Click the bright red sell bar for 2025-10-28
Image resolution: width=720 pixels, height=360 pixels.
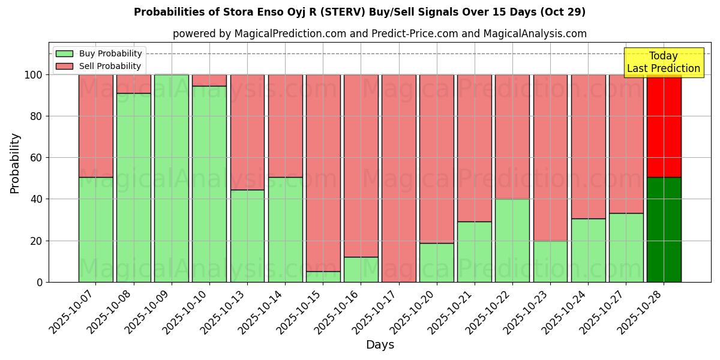tap(664, 126)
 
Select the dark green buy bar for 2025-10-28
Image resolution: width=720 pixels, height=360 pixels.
tap(664, 229)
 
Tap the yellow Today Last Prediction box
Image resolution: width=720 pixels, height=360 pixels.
tap(663, 62)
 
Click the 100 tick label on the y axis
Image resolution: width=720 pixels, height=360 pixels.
tap(34, 75)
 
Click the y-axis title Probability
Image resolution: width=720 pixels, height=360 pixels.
tap(15, 163)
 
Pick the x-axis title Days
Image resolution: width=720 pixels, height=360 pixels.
tap(380, 345)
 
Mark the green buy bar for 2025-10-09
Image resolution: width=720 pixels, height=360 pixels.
tap(172, 178)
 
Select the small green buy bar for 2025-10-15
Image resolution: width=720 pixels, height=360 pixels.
tap(323, 277)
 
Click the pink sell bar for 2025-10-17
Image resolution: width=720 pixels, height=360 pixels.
tap(399, 178)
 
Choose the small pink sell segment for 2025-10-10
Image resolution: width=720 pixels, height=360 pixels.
tap(209, 80)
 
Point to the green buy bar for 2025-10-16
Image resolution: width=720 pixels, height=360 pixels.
tap(361, 269)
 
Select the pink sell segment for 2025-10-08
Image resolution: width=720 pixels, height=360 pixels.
tap(134, 84)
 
